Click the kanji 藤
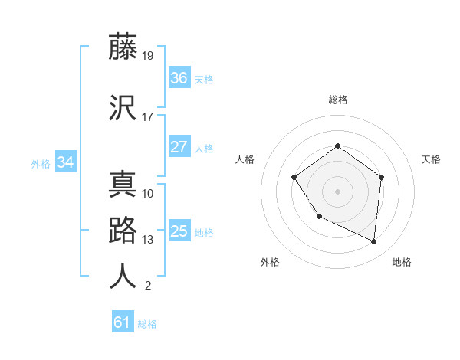(123, 47)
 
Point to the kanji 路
(123, 231)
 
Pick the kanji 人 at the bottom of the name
(123, 277)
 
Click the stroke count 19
(148, 56)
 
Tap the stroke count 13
(148, 240)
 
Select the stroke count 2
(148, 286)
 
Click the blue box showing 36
(179, 78)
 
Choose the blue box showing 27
(179, 147)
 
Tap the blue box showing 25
(179, 231)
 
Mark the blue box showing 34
(66, 162)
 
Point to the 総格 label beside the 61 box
(147, 324)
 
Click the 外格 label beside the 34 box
(41, 163)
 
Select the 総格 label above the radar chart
(337, 100)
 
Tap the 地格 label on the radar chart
(402, 262)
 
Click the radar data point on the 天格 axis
(382, 177)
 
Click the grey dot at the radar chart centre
(337, 191)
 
